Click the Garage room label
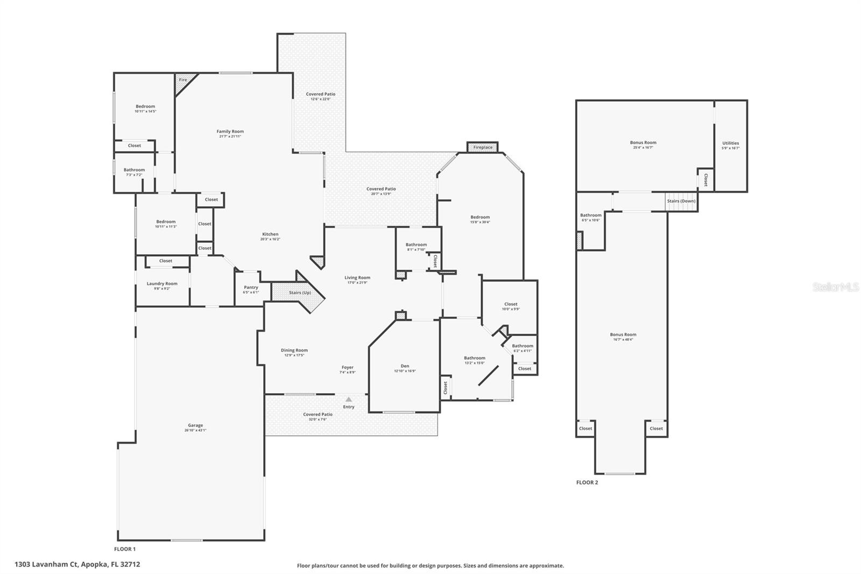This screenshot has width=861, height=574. [x=195, y=425]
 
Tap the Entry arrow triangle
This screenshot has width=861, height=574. [x=349, y=399]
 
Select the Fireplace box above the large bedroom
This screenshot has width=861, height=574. [x=483, y=147]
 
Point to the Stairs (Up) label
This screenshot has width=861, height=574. [x=300, y=292]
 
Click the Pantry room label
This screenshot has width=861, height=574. [x=251, y=288]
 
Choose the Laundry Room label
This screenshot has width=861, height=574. [x=162, y=284]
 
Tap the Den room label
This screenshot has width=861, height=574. [x=405, y=366]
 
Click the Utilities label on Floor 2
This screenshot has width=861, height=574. [x=730, y=143]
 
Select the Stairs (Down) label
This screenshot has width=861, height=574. [x=681, y=201]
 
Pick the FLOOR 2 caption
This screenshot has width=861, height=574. [x=587, y=482]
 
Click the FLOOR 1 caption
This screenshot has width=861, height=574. [x=125, y=549]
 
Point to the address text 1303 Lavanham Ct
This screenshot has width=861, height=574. [x=77, y=564]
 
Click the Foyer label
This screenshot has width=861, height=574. [x=347, y=367]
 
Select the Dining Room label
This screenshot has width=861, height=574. [x=294, y=351]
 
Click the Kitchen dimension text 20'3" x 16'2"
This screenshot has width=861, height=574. [x=270, y=239]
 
